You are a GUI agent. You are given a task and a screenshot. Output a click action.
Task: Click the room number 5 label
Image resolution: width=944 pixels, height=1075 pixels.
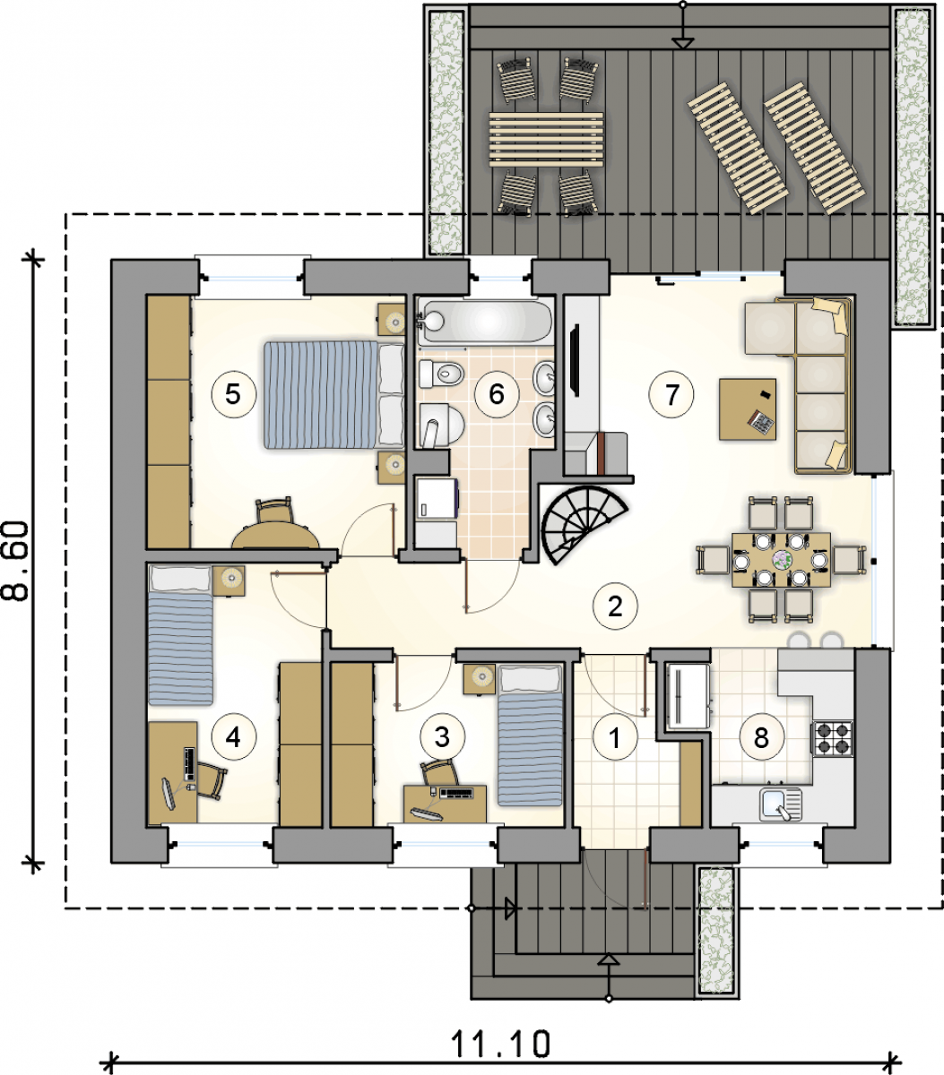click(x=234, y=394)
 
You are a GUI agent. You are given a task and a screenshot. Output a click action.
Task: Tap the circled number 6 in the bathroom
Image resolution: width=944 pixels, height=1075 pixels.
click(x=497, y=394)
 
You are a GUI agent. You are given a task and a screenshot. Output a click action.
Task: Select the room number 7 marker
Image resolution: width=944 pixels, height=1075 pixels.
click(x=671, y=394)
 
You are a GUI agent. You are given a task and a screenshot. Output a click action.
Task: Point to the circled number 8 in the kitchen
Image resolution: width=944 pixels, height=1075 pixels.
click(x=761, y=737)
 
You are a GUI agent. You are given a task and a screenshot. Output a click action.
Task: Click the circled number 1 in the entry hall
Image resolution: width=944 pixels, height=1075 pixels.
click(x=615, y=737)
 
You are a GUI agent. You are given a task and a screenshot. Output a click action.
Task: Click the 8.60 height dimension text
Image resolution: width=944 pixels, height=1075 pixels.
click(x=15, y=562)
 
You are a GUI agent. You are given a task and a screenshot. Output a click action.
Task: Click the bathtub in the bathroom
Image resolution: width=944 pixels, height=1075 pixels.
click(x=485, y=322)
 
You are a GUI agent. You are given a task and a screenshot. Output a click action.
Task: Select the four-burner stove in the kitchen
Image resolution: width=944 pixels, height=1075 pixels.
click(x=832, y=738)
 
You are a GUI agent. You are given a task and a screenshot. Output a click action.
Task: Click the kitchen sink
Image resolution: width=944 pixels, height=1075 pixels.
click(x=781, y=804)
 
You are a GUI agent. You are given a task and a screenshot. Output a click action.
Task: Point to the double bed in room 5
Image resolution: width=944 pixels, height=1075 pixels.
click(x=334, y=395)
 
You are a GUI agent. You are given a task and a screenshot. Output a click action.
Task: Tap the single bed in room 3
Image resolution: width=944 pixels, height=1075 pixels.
click(x=529, y=736)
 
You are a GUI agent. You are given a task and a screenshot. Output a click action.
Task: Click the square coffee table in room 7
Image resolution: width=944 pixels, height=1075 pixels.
click(x=748, y=409)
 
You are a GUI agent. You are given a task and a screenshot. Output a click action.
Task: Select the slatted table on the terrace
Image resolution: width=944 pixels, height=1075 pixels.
click(x=546, y=140)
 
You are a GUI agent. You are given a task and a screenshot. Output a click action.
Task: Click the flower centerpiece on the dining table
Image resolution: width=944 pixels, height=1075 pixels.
click(x=782, y=559)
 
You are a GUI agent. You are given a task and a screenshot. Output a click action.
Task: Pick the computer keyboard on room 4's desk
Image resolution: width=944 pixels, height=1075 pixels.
click(x=189, y=763)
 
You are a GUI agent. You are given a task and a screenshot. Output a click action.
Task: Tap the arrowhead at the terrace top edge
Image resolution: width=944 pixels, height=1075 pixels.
click(x=683, y=44)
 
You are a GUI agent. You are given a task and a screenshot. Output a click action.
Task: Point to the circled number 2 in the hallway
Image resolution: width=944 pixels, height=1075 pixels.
click(x=615, y=606)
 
